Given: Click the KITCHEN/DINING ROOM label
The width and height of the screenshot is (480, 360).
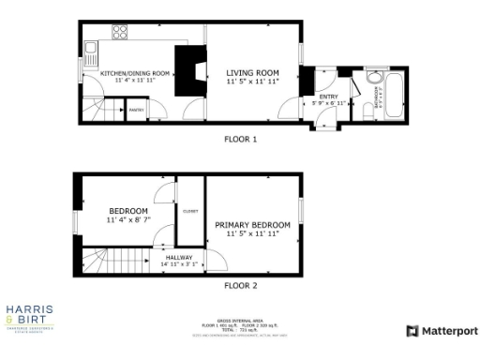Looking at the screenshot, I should click(135, 73).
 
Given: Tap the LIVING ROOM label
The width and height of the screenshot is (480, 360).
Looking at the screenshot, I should click(253, 73).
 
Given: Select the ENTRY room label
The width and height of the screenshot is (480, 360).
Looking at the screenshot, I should click(328, 97).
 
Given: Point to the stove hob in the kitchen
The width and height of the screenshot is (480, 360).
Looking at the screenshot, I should click(120, 32).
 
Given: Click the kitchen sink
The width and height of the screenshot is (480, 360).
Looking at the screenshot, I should click(91, 47).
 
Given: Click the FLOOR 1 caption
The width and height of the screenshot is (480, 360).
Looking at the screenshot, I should click(240, 139).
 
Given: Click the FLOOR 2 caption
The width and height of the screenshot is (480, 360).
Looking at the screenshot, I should click(240, 284).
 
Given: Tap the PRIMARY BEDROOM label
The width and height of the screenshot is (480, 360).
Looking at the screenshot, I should click(252, 225).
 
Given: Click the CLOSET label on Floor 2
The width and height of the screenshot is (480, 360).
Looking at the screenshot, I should click(190, 211).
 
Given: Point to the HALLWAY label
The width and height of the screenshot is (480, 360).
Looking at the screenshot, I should click(179, 257).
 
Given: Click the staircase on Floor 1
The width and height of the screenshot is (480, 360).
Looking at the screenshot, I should click(97, 107).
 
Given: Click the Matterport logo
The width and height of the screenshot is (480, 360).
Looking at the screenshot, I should click(442, 331).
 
